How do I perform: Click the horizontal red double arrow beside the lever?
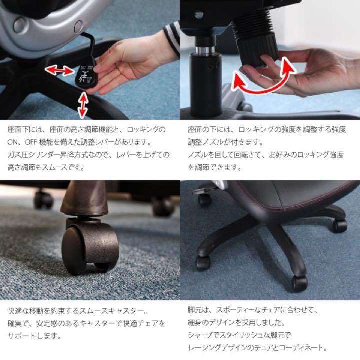(x=59, y=71)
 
